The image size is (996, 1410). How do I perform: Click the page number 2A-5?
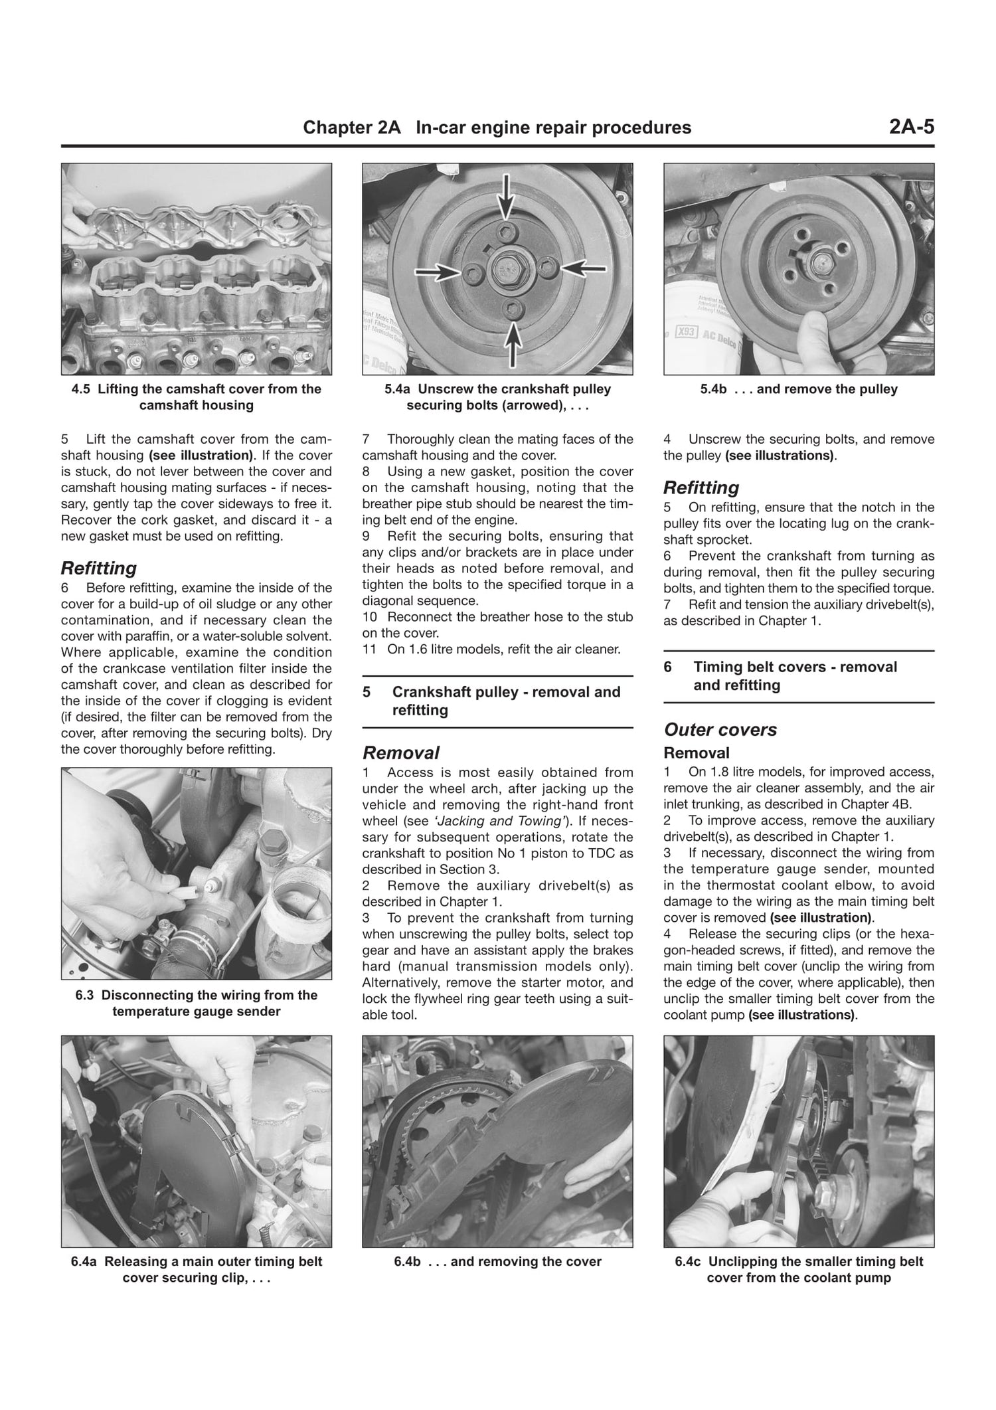click(911, 128)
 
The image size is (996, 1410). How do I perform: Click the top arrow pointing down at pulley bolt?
click(507, 195)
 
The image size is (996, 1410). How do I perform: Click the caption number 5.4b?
click(714, 389)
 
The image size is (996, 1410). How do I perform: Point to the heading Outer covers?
click(720, 729)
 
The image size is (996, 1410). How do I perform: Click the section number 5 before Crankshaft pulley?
click(367, 692)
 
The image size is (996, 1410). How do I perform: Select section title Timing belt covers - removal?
click(795, 667)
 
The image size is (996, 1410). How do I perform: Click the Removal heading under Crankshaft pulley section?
click(400, 752)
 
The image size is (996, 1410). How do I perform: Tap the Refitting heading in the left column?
click(98, 568)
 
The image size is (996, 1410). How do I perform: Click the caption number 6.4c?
click(689, 1261)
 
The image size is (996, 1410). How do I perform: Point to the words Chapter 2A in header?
click(351, 128)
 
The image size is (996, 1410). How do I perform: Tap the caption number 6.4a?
click(86, 1261)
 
